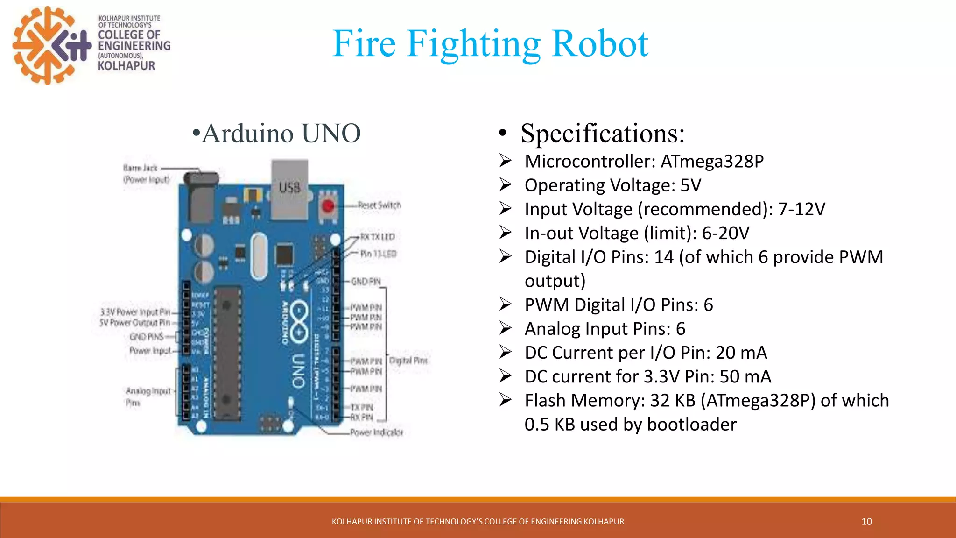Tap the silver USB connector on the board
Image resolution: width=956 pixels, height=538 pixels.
click(290, 189)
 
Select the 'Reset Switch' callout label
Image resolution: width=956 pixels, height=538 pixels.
click(379, 205)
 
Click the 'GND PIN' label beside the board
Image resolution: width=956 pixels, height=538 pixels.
click(366, 282)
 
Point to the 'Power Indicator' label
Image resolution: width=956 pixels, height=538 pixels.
click(376, 432)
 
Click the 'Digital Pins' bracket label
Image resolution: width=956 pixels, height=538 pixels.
click(408, 361)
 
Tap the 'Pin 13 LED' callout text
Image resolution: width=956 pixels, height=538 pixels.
click(378, 254)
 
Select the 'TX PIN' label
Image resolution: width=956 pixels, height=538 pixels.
click(362, 407)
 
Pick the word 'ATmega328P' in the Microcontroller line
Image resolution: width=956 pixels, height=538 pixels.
click(712, 162)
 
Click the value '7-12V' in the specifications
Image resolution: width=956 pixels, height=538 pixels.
click(801, 209)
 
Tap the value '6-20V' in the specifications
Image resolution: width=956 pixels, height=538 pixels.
click(725, 233)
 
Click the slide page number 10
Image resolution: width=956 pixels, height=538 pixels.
click(866, 522)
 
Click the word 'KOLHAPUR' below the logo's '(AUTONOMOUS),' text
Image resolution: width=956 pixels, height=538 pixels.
click(126, 66)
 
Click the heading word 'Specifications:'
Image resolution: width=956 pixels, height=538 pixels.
click(602, 134)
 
